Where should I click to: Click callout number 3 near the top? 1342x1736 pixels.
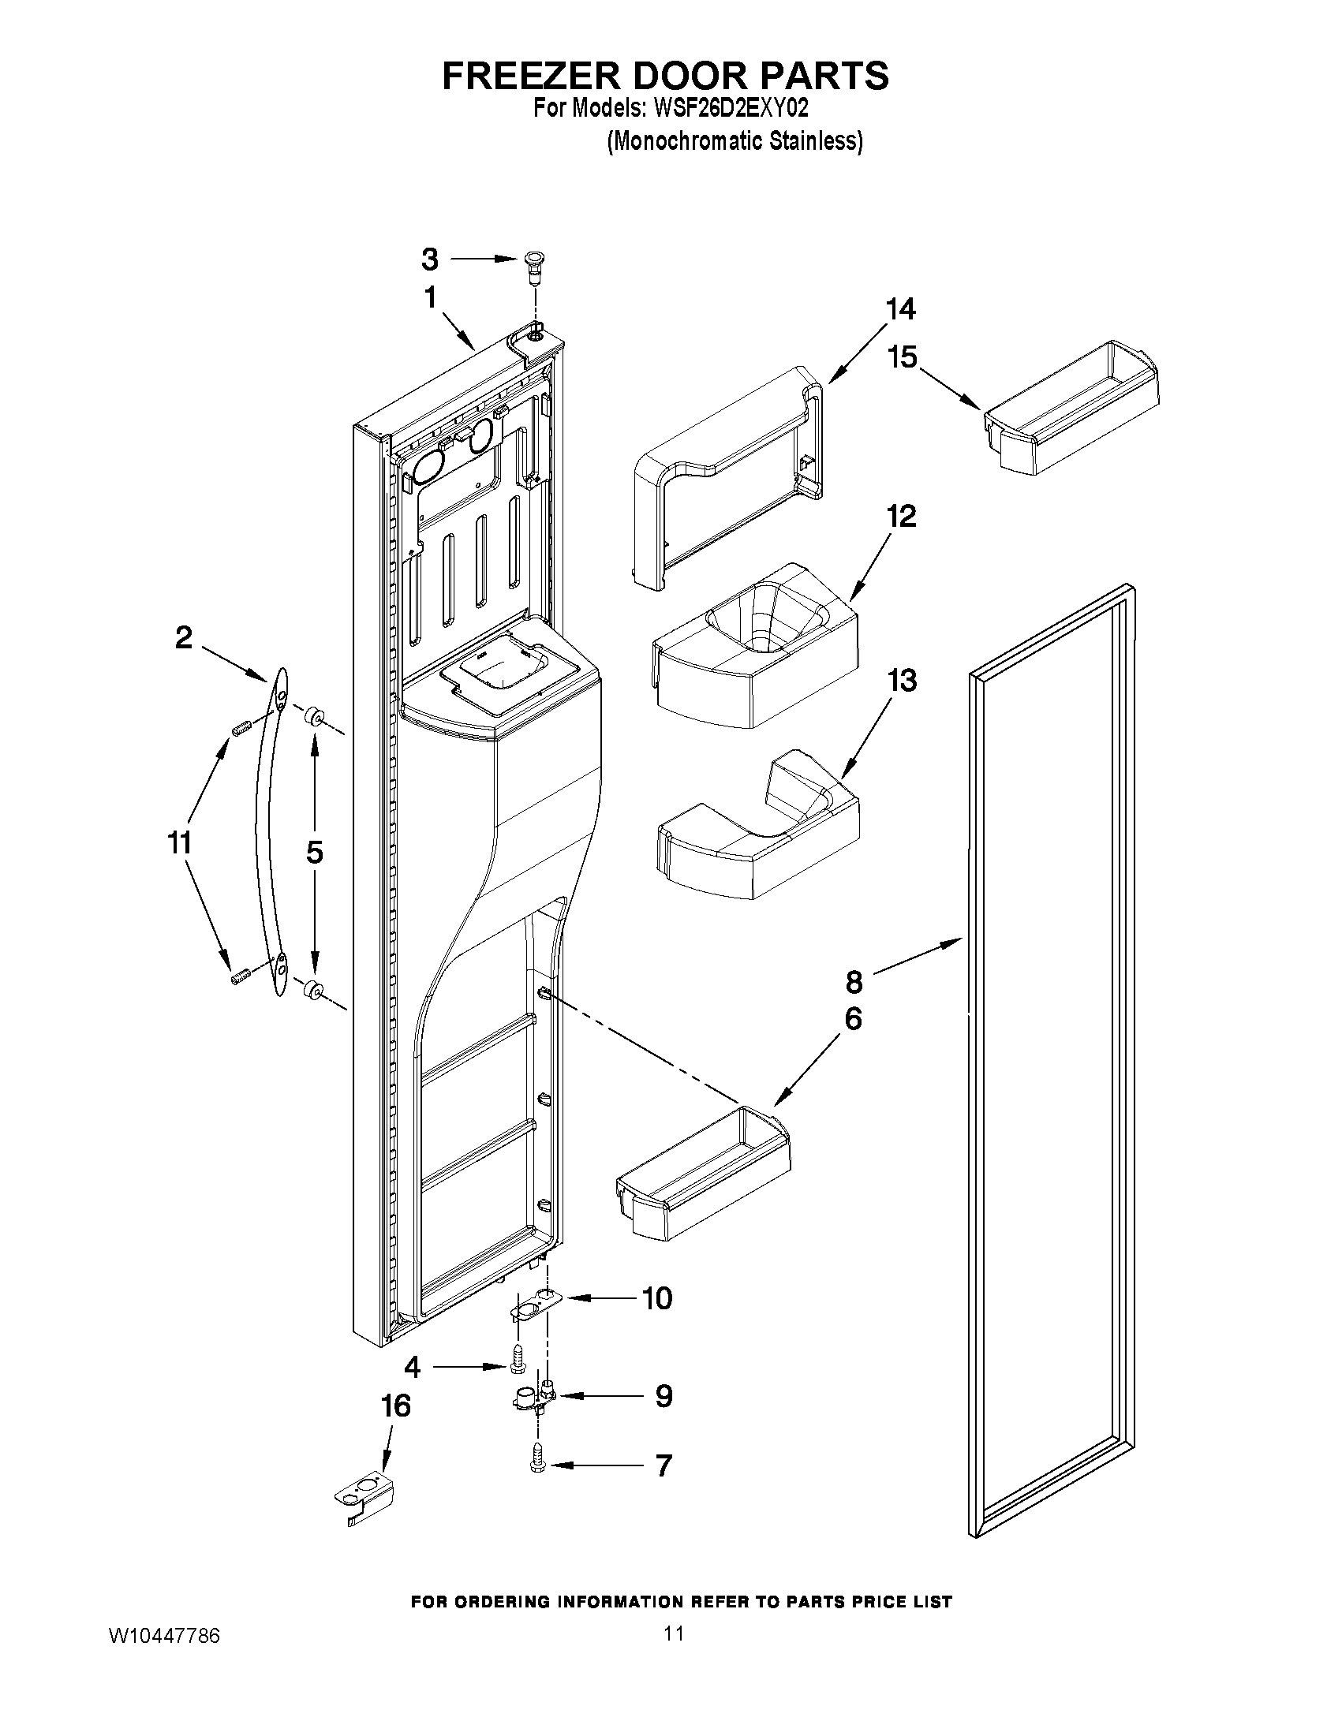coord(429,259)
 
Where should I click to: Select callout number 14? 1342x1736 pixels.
coord(900,308)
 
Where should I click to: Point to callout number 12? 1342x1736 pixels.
coord(902,517)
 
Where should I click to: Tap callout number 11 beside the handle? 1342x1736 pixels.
coord(180,842)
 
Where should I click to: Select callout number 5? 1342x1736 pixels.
coord(314,853)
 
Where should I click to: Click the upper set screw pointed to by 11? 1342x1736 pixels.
coord(241,726)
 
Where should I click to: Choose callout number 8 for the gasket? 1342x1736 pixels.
coord(854,983)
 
